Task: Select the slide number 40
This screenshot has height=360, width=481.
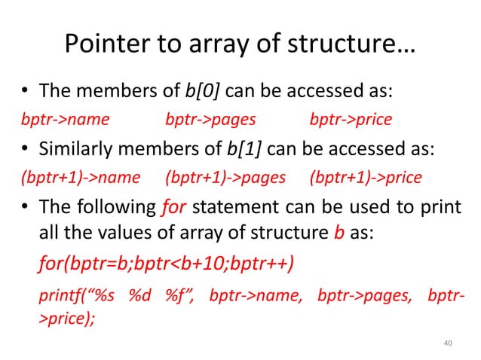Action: coord(447,343)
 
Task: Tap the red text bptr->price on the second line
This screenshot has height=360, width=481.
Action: coord(351,120)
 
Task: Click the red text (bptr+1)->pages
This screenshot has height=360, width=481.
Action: coord(225,178)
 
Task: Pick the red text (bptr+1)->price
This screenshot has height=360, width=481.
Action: coord(366,178)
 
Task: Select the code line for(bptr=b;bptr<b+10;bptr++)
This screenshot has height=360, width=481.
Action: coord(166,265)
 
